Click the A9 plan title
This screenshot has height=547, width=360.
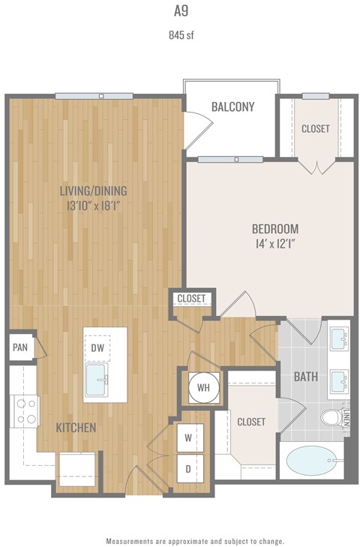pos(179,11)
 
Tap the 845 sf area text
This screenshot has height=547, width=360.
pos(179,34)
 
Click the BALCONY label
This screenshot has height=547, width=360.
pos(232,107)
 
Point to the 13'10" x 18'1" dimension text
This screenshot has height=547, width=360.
pos(94,205)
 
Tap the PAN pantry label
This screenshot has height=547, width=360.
pos(20,347)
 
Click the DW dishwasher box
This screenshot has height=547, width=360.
pos(97,347)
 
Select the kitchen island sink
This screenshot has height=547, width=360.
pos(97,379)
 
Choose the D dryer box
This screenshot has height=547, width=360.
pos(190,467)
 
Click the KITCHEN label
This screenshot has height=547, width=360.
pos(76,428)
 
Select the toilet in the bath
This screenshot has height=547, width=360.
pos(331,417)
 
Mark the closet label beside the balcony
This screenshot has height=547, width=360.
pos(315,128)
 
